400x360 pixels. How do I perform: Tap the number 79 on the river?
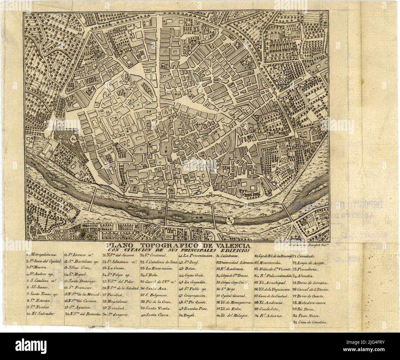coord(160,213)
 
